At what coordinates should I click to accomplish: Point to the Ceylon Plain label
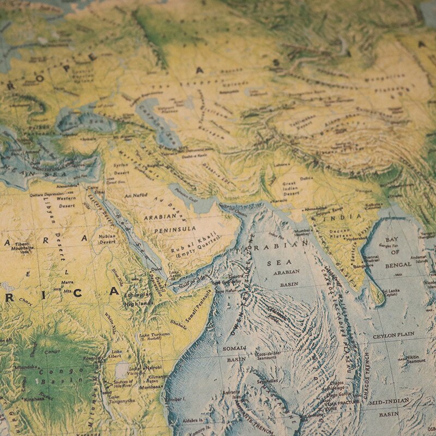pos(393,334)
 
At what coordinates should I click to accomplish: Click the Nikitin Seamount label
pos(415,358)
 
